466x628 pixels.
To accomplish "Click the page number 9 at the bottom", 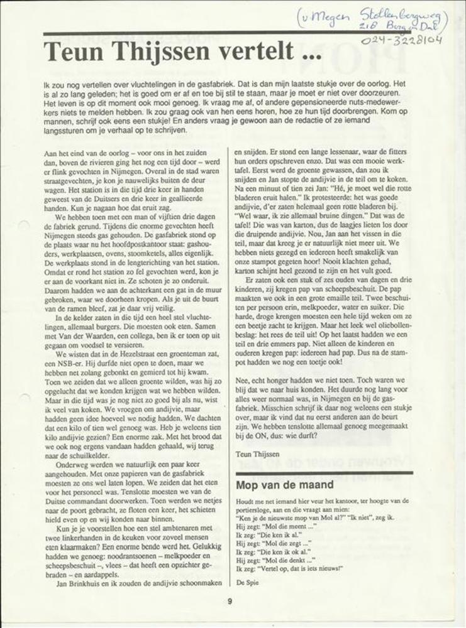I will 230,600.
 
